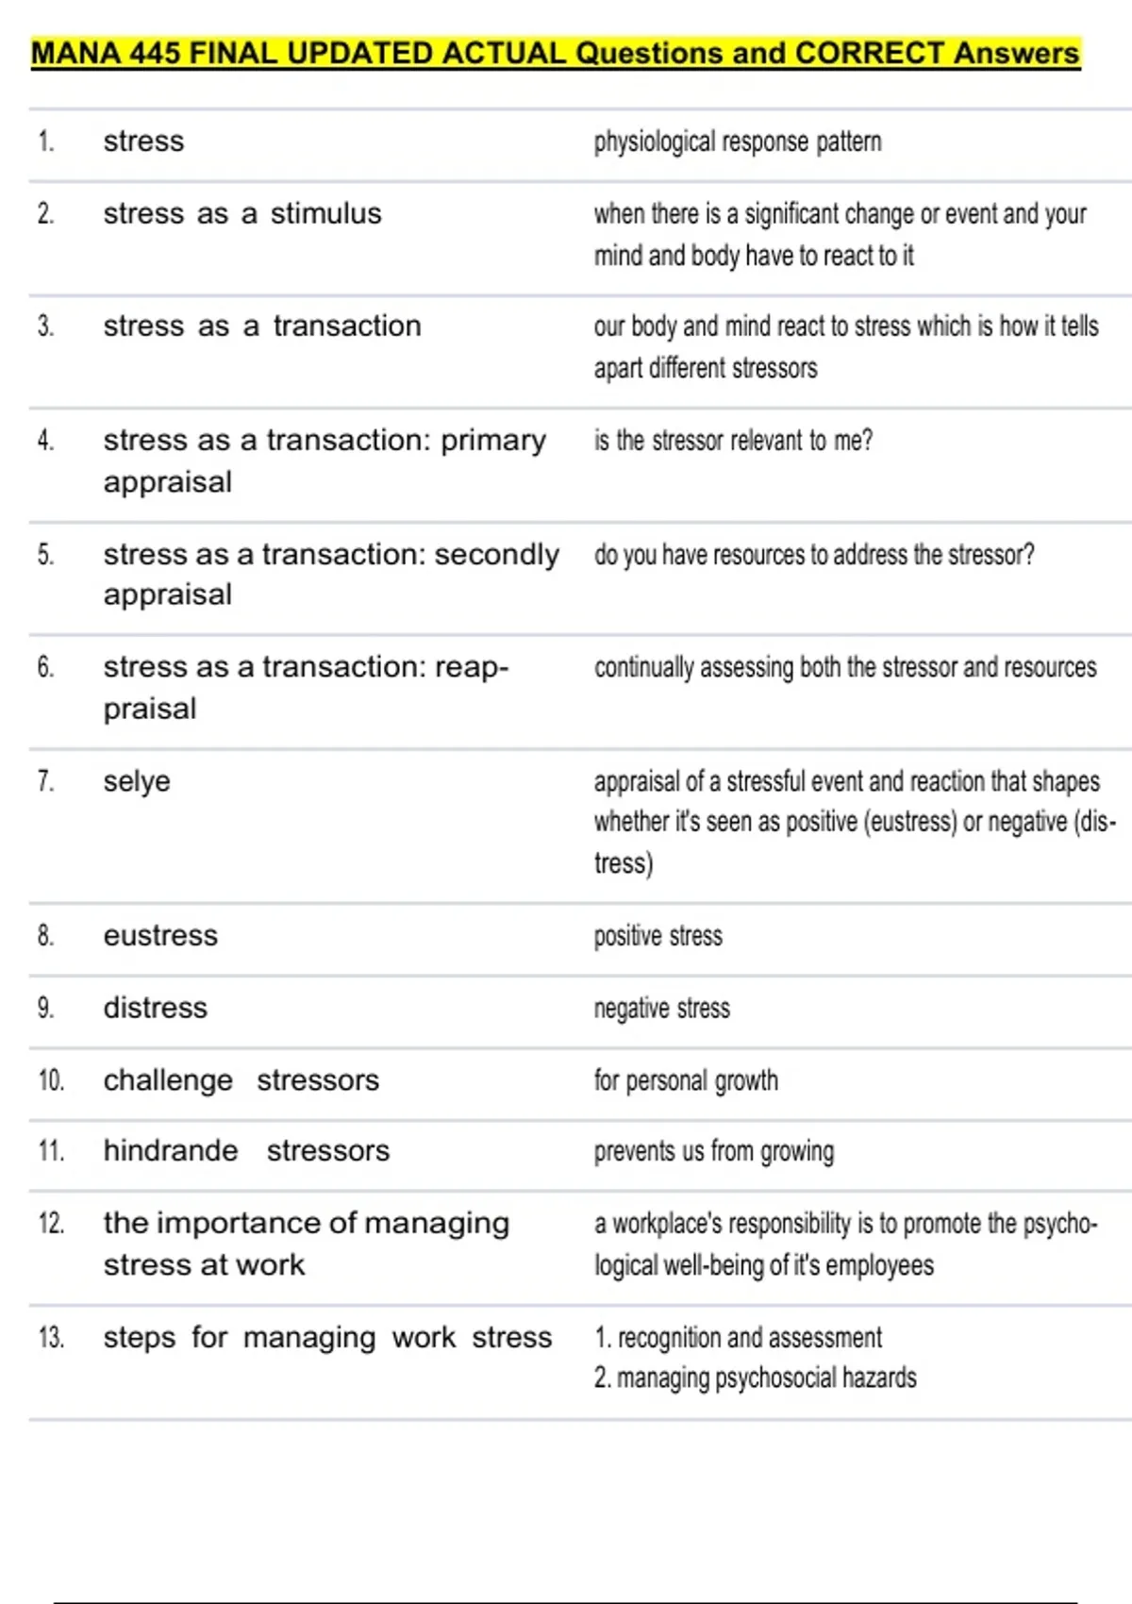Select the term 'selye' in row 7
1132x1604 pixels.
(x=137, y=781)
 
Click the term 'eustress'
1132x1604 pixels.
(x=160, y=935)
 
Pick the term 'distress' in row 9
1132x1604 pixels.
(x=155, y=1008)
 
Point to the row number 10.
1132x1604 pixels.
(x=51, y=1079)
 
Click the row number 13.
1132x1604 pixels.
(x=51, y=1337)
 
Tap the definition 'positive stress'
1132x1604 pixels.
(x=658, y=936)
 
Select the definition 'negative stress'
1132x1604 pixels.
(x=661, y=1008)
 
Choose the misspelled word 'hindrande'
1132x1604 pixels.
(x=171, y=1150)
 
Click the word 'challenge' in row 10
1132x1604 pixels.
(x=168, y=1080)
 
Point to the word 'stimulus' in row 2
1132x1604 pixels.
(x=325, y=214)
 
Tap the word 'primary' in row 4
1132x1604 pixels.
(x=493, y=441)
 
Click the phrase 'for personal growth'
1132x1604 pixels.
(x=686, y=1080)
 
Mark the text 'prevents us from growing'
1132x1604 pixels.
(x=713, y=1151)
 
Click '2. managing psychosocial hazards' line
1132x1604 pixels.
(x=755, y=1378)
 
